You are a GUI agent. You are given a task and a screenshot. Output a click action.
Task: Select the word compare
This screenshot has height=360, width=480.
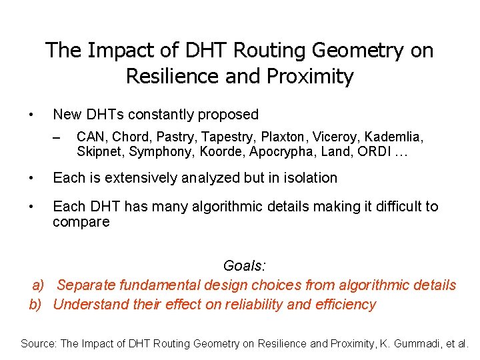pos(81,222)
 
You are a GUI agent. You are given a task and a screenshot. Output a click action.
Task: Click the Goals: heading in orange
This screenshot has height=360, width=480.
pos(245,266)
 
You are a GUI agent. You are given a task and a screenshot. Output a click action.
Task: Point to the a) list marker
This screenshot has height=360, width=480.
pos(39,285)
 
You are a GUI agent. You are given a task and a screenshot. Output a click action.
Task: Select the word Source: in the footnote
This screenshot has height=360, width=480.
pos(39,343)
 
